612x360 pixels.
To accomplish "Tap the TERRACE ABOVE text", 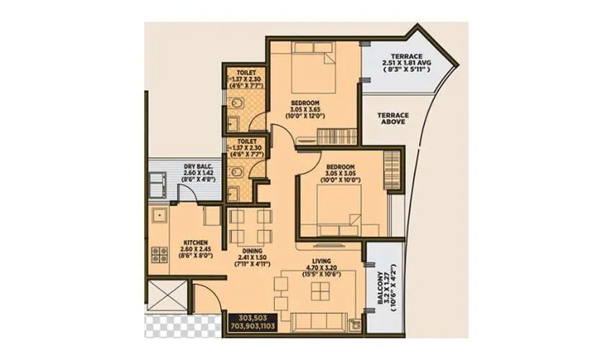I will (394, 118).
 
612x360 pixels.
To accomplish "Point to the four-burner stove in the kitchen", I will (158, 253).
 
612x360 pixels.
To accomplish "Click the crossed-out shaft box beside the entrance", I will (166, 295).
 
